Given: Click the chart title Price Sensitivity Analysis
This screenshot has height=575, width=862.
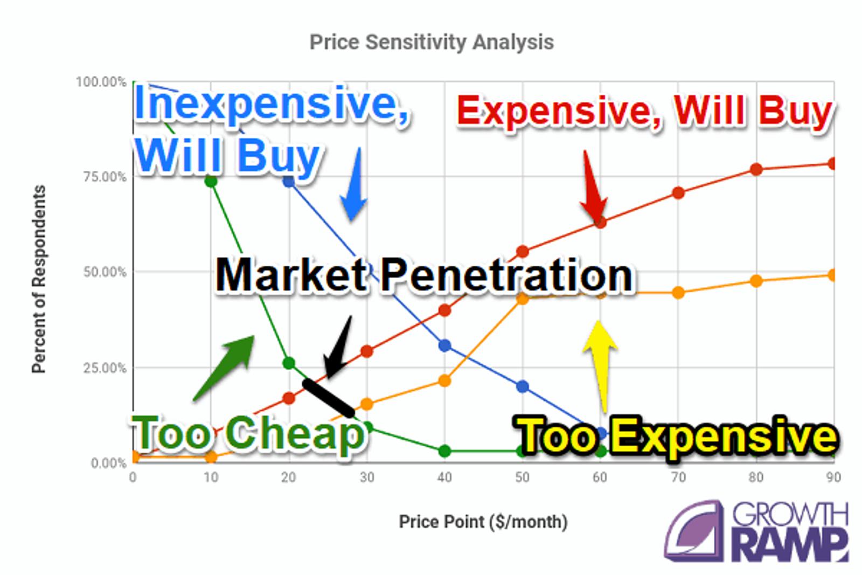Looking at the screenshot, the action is click(x=432, y=42).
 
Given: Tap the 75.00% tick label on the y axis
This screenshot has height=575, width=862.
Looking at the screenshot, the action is click(x=105, y=177).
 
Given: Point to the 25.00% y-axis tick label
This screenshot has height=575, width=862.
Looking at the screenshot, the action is click(x=105, y=368).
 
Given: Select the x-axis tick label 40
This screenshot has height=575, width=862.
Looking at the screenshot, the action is click(x=444, y=477).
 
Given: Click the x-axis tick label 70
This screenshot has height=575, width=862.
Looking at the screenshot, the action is click(x=678, y=477).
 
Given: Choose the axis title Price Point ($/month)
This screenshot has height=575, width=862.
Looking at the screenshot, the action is click(x=483, y=522).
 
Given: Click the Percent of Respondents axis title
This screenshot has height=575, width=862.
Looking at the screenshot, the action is click(x=38, y=279).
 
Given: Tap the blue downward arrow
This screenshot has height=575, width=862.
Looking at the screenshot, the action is click(x=354, y=185).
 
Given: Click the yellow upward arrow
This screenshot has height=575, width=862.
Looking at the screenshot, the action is click(x=600, y=365).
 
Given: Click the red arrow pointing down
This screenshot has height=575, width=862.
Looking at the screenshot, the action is click(x=593, y=186).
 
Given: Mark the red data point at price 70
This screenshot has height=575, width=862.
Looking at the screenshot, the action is click(x=678, y=192).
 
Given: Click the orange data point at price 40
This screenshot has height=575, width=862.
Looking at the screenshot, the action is click(x=444, y=380).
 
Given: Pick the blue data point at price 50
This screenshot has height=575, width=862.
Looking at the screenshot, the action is click(x=522, y=386).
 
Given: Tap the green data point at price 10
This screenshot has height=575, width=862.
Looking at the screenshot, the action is click(x=211, y=181).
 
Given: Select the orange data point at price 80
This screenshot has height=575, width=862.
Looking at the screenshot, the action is click(x=756, y=281).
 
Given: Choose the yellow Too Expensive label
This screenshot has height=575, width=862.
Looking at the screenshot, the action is click(x=676, y=437).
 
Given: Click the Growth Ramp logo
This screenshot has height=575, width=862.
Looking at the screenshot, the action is click(x=756, y=531).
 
